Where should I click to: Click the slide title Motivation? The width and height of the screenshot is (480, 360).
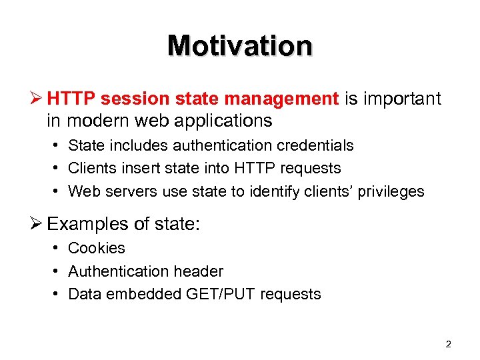click(x=240, y=46)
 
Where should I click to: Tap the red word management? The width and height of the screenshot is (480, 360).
click(x=282, y=99)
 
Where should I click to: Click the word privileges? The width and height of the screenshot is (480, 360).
click(x=391, y=192)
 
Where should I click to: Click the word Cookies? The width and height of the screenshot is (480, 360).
click(x=97, y=248)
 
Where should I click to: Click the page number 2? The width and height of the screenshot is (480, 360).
click(x=448, y=344)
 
